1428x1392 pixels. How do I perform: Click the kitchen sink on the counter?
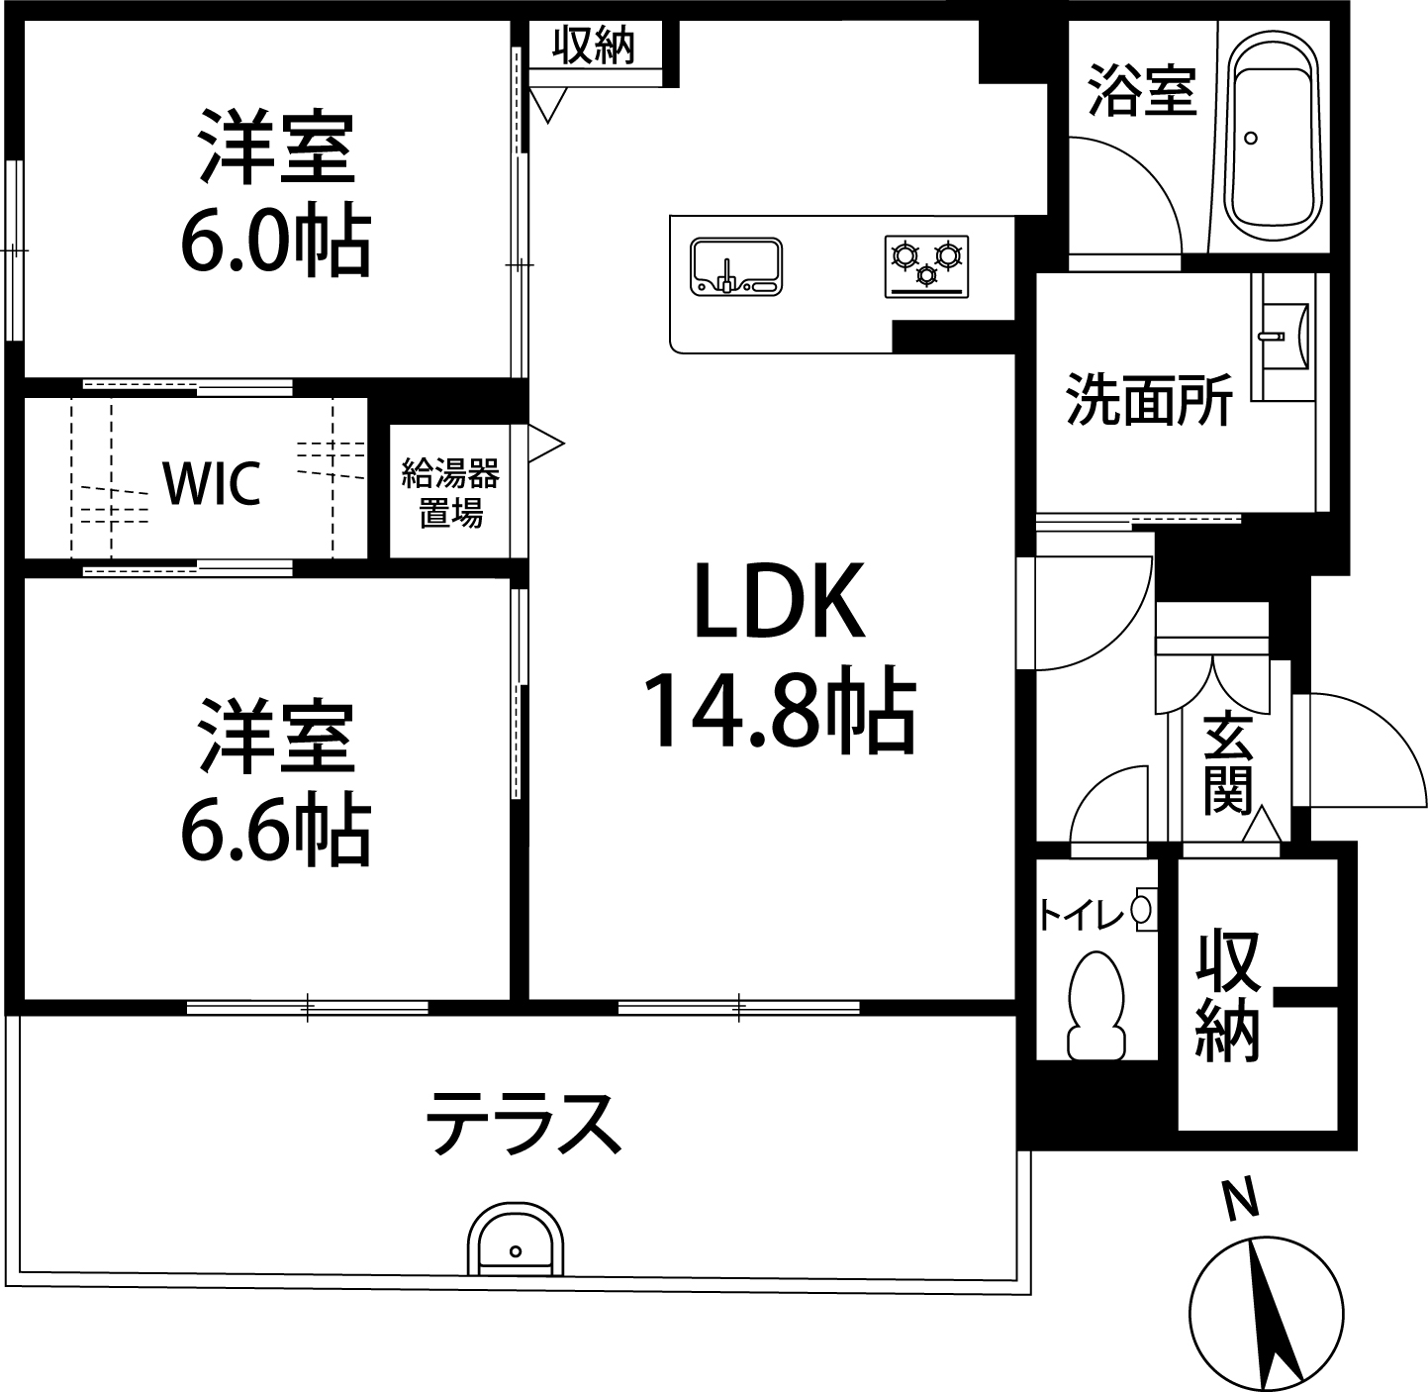(736, 265)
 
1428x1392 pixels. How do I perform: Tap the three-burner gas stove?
(926, 265)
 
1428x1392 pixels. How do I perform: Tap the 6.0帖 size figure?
(276, 240)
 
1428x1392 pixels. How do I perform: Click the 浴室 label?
(1142, 91)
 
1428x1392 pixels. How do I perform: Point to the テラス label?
(524, 1124)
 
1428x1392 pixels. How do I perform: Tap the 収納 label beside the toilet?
(1227, 996)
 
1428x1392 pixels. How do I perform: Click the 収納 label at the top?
(593, 46)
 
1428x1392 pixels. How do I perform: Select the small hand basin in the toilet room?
(1142, 909)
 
